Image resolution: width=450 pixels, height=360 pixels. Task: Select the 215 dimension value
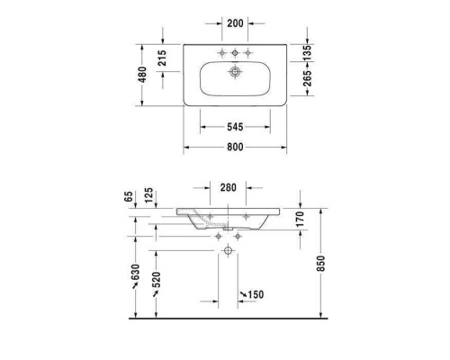(163, 58)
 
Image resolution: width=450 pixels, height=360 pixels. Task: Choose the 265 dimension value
(306, 83)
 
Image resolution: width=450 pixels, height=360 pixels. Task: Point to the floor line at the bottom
(225, 319)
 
